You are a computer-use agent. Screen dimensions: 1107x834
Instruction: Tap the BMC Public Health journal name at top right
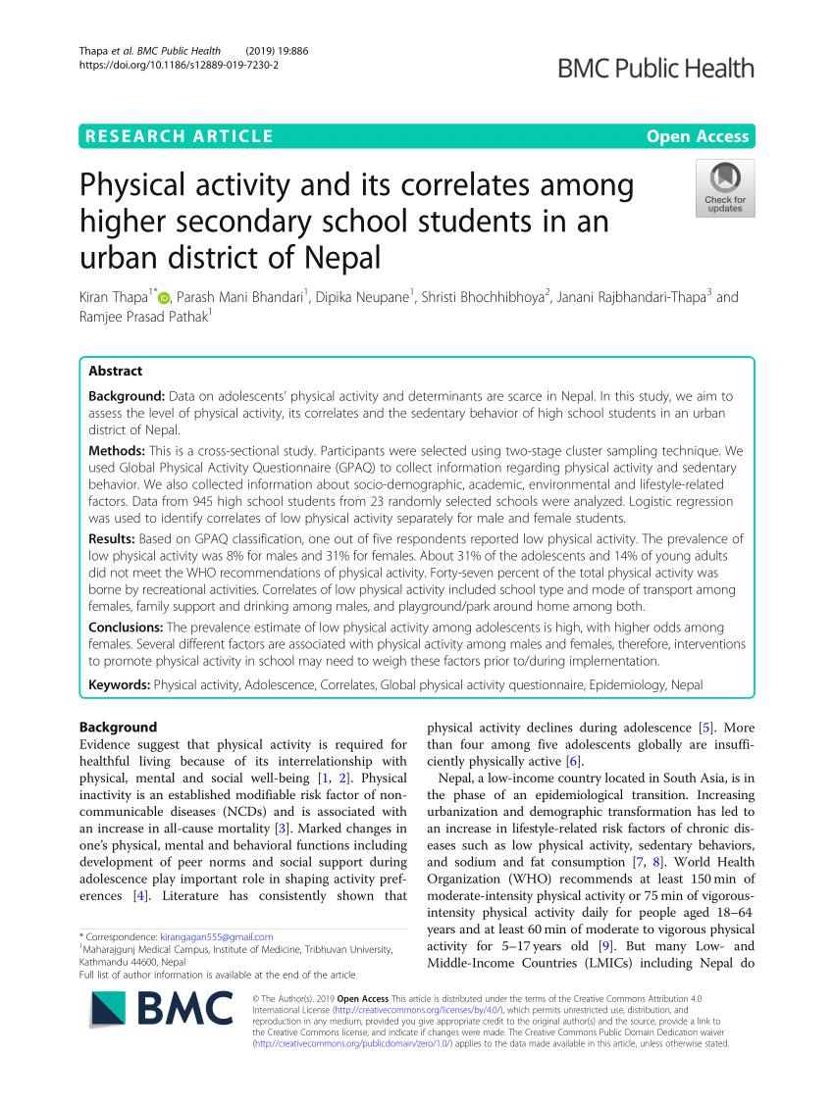point(656,68)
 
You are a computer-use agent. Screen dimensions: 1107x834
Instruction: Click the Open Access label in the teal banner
point(697,136)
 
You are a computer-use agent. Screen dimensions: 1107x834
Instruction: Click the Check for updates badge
point(725,188)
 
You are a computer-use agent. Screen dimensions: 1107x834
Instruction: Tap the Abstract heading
point(115,371)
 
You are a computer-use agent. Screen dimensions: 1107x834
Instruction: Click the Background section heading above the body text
point(118,728)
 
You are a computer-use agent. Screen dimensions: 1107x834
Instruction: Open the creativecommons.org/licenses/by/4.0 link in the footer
point(392,1009)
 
